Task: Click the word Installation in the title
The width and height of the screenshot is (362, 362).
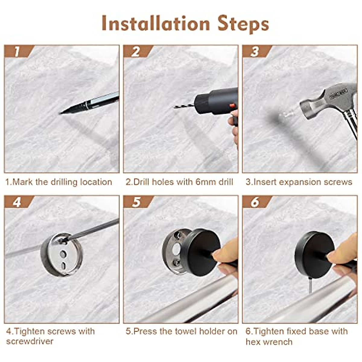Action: tap(155, 24)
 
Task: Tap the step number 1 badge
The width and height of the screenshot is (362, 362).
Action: tap(17, 52)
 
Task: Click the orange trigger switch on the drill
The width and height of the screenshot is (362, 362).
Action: tap(232, 106)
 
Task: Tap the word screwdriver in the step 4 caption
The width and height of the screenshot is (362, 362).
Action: tap(30, 341)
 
